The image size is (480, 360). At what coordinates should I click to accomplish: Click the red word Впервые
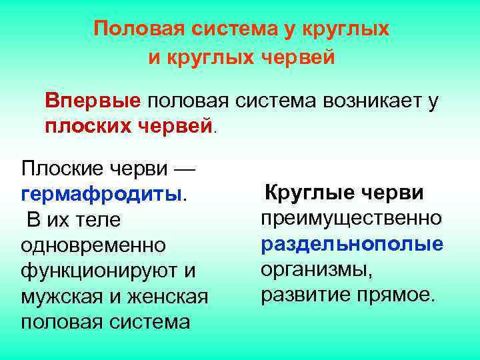[93, 101]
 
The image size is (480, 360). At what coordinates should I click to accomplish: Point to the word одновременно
[93, 245]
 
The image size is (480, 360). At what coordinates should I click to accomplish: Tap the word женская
[169, 296]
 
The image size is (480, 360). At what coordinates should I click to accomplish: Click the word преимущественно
[351, 219]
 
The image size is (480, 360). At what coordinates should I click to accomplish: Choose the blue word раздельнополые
[352, 244]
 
